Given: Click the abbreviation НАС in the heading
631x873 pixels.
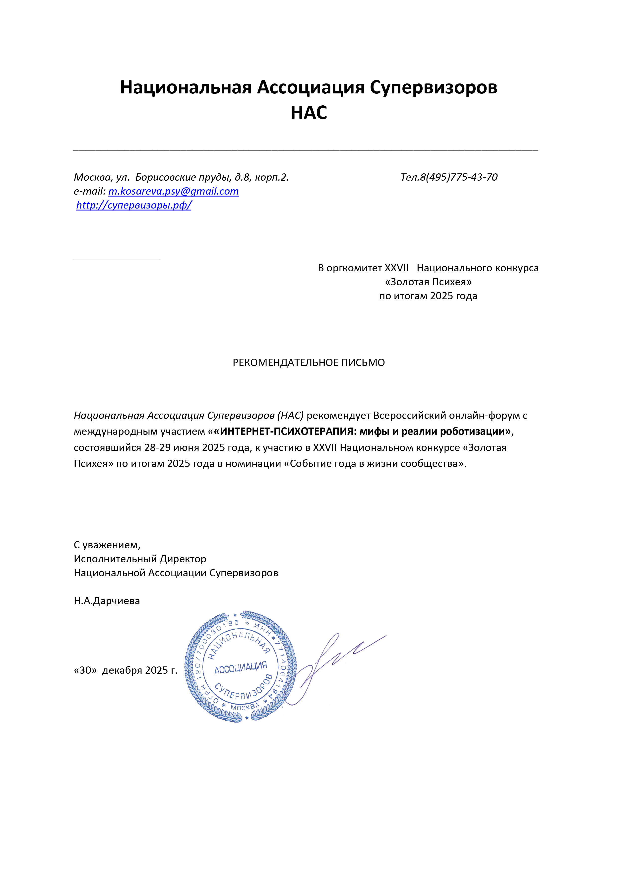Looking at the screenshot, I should (x=309, y=113).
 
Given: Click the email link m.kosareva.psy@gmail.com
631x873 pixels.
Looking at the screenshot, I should (x=174, y=191).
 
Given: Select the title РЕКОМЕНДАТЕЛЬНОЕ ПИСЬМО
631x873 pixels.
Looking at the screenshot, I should (x=309, y=363).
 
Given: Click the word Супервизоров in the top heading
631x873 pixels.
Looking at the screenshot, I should (x=433, y=87).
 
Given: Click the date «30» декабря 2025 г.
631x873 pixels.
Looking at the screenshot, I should (x=126, y=670).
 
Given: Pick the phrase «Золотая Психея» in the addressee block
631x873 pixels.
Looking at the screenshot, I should (x=428, y=282).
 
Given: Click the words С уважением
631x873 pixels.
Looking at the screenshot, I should (x=107, y=545).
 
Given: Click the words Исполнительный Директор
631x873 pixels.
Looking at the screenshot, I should (x=140, y=559).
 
